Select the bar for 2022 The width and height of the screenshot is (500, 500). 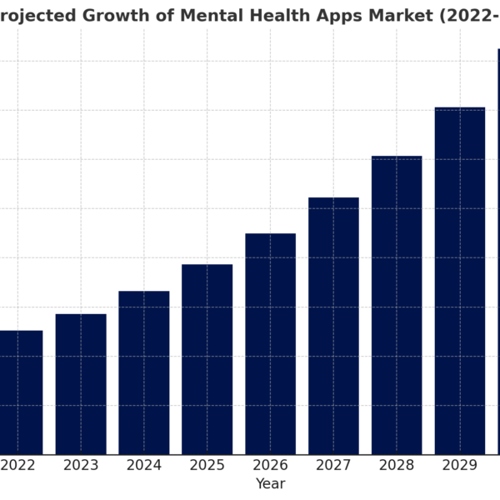17,392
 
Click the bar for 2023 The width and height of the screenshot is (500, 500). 81,384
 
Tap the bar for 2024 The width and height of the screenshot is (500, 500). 144,372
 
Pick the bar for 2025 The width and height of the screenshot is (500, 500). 207,359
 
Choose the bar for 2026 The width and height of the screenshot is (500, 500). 270,344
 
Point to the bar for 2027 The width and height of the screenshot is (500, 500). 333,326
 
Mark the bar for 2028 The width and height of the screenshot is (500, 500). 397,305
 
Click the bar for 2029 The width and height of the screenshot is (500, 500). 460,281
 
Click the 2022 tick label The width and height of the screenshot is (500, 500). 17,465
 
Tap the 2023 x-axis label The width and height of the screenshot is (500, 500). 81,465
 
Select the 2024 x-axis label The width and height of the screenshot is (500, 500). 144,465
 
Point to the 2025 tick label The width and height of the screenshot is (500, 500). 207,465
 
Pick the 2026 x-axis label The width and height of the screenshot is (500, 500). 270,465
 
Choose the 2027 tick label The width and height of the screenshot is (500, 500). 333,465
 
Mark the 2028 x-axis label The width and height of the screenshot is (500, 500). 397,465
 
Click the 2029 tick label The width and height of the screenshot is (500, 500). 460,465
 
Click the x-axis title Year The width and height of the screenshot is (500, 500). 270,483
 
